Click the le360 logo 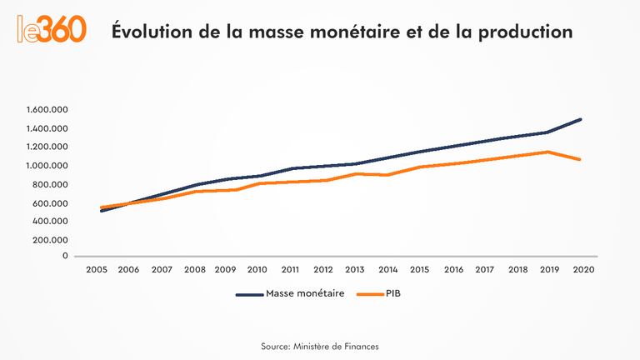tap(52, 29)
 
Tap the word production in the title tap(520, 32)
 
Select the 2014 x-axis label tap(387, 270)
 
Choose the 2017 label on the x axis tap(484, 270)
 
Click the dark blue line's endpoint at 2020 tap(580, 119)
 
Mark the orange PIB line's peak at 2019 tap(548, 152)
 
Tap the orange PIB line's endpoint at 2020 tap(580, 159)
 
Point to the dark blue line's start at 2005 tap(101, 211)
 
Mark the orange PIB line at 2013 tap(356, 173)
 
